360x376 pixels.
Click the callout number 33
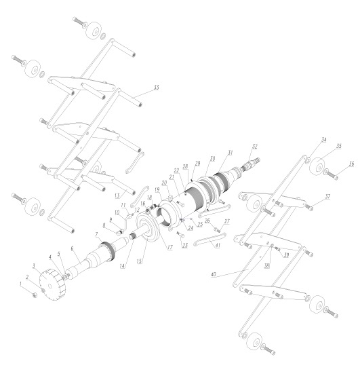coord(157,88)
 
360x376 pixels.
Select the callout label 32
coord(255,146)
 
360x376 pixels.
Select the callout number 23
coord(184,246)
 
